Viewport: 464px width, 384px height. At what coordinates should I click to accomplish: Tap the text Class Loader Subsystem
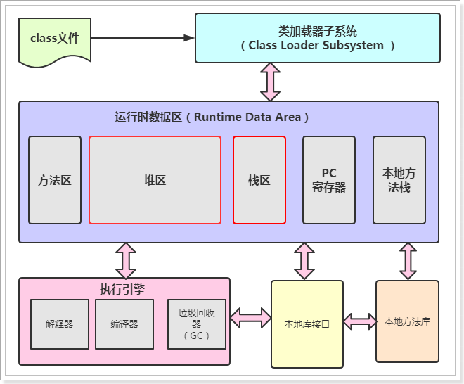click(317, 46)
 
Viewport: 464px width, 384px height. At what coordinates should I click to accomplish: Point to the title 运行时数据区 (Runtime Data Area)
click(212, 117)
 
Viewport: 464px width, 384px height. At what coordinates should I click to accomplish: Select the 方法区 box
click(55, 180)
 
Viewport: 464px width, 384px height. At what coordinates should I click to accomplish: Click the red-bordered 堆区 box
click(155, 180)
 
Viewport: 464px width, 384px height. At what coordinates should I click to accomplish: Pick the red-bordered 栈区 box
click(259, 180)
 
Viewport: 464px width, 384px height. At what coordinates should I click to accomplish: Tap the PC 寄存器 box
click(329, 180)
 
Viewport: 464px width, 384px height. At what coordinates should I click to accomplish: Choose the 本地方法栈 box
click(399, 180)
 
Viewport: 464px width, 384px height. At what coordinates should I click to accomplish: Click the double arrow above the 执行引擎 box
click(125, 260)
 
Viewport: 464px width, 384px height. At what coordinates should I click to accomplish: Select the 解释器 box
click(60, 324)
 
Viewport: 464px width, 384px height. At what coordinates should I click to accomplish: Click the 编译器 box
click(124, 324)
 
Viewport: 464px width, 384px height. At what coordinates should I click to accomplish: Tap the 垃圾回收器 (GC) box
click(197, 324)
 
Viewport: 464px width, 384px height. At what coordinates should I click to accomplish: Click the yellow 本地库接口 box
click(307, 324)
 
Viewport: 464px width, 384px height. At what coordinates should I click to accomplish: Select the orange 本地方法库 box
click(407, 321)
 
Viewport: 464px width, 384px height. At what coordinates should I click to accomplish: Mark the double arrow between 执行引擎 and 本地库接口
click(250, 317)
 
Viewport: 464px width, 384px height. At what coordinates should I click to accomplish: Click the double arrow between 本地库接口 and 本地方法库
click(359, 321)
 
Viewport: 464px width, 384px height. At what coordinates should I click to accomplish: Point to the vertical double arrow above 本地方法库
click(408, 262)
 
